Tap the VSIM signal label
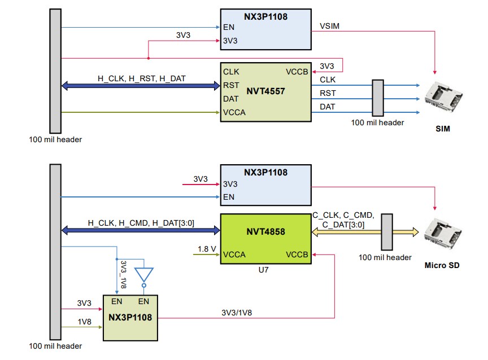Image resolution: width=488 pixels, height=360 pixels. click(x=329, y=25)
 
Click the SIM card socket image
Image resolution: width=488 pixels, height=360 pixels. click(x=443, y=95)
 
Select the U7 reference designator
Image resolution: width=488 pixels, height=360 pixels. click(x=263, y=270)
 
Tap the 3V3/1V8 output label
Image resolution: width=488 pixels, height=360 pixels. click(x=237, y=312)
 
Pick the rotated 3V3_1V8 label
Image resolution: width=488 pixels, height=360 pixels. click(x=124, y=275)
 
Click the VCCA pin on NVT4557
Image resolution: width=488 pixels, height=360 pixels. click(x=234, y=112)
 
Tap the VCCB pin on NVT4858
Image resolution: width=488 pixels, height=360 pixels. click(x=297, y=254)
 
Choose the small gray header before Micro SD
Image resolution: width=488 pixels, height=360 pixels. click(x=387, y=231)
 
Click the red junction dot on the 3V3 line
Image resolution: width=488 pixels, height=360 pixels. click(x=148, y=58)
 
